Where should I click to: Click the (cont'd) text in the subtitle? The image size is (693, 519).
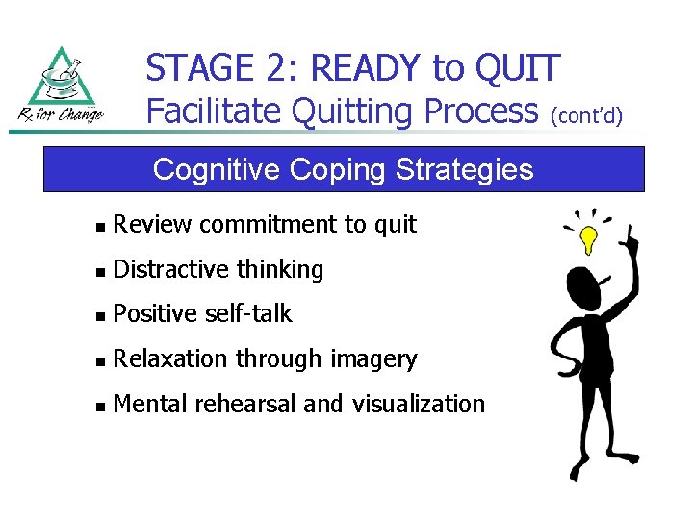[587, 116]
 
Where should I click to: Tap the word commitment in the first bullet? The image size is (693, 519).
[256, 225]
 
